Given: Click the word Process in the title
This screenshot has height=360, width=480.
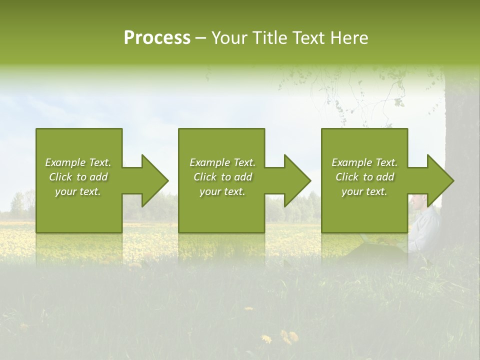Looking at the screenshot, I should tap(157, 38).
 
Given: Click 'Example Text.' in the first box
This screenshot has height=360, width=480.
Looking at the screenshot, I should tap(78, 162).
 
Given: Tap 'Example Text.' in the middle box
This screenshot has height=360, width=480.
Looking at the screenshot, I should tap(222, 162).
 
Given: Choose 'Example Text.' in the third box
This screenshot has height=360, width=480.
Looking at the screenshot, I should tap(364, 162).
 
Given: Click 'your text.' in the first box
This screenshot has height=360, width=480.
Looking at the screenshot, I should tap(78, 191).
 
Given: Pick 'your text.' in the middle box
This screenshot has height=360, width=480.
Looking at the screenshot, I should tap(222, 191).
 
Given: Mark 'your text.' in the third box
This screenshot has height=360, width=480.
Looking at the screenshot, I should tap(364, 191).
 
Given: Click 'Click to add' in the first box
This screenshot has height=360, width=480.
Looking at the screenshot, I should tap(78, 177).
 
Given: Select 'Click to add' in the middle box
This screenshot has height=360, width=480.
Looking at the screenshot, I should tap(222, 177).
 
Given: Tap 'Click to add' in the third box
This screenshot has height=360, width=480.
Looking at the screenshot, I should tap(364, 177).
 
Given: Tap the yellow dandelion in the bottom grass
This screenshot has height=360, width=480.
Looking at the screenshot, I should tap(288, 336).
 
